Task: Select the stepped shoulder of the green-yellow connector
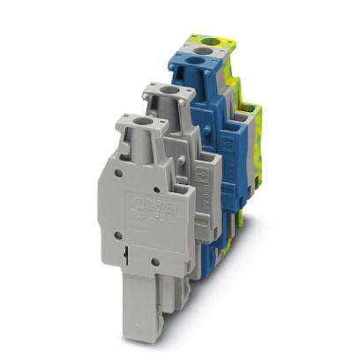[x=251, y=110]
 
